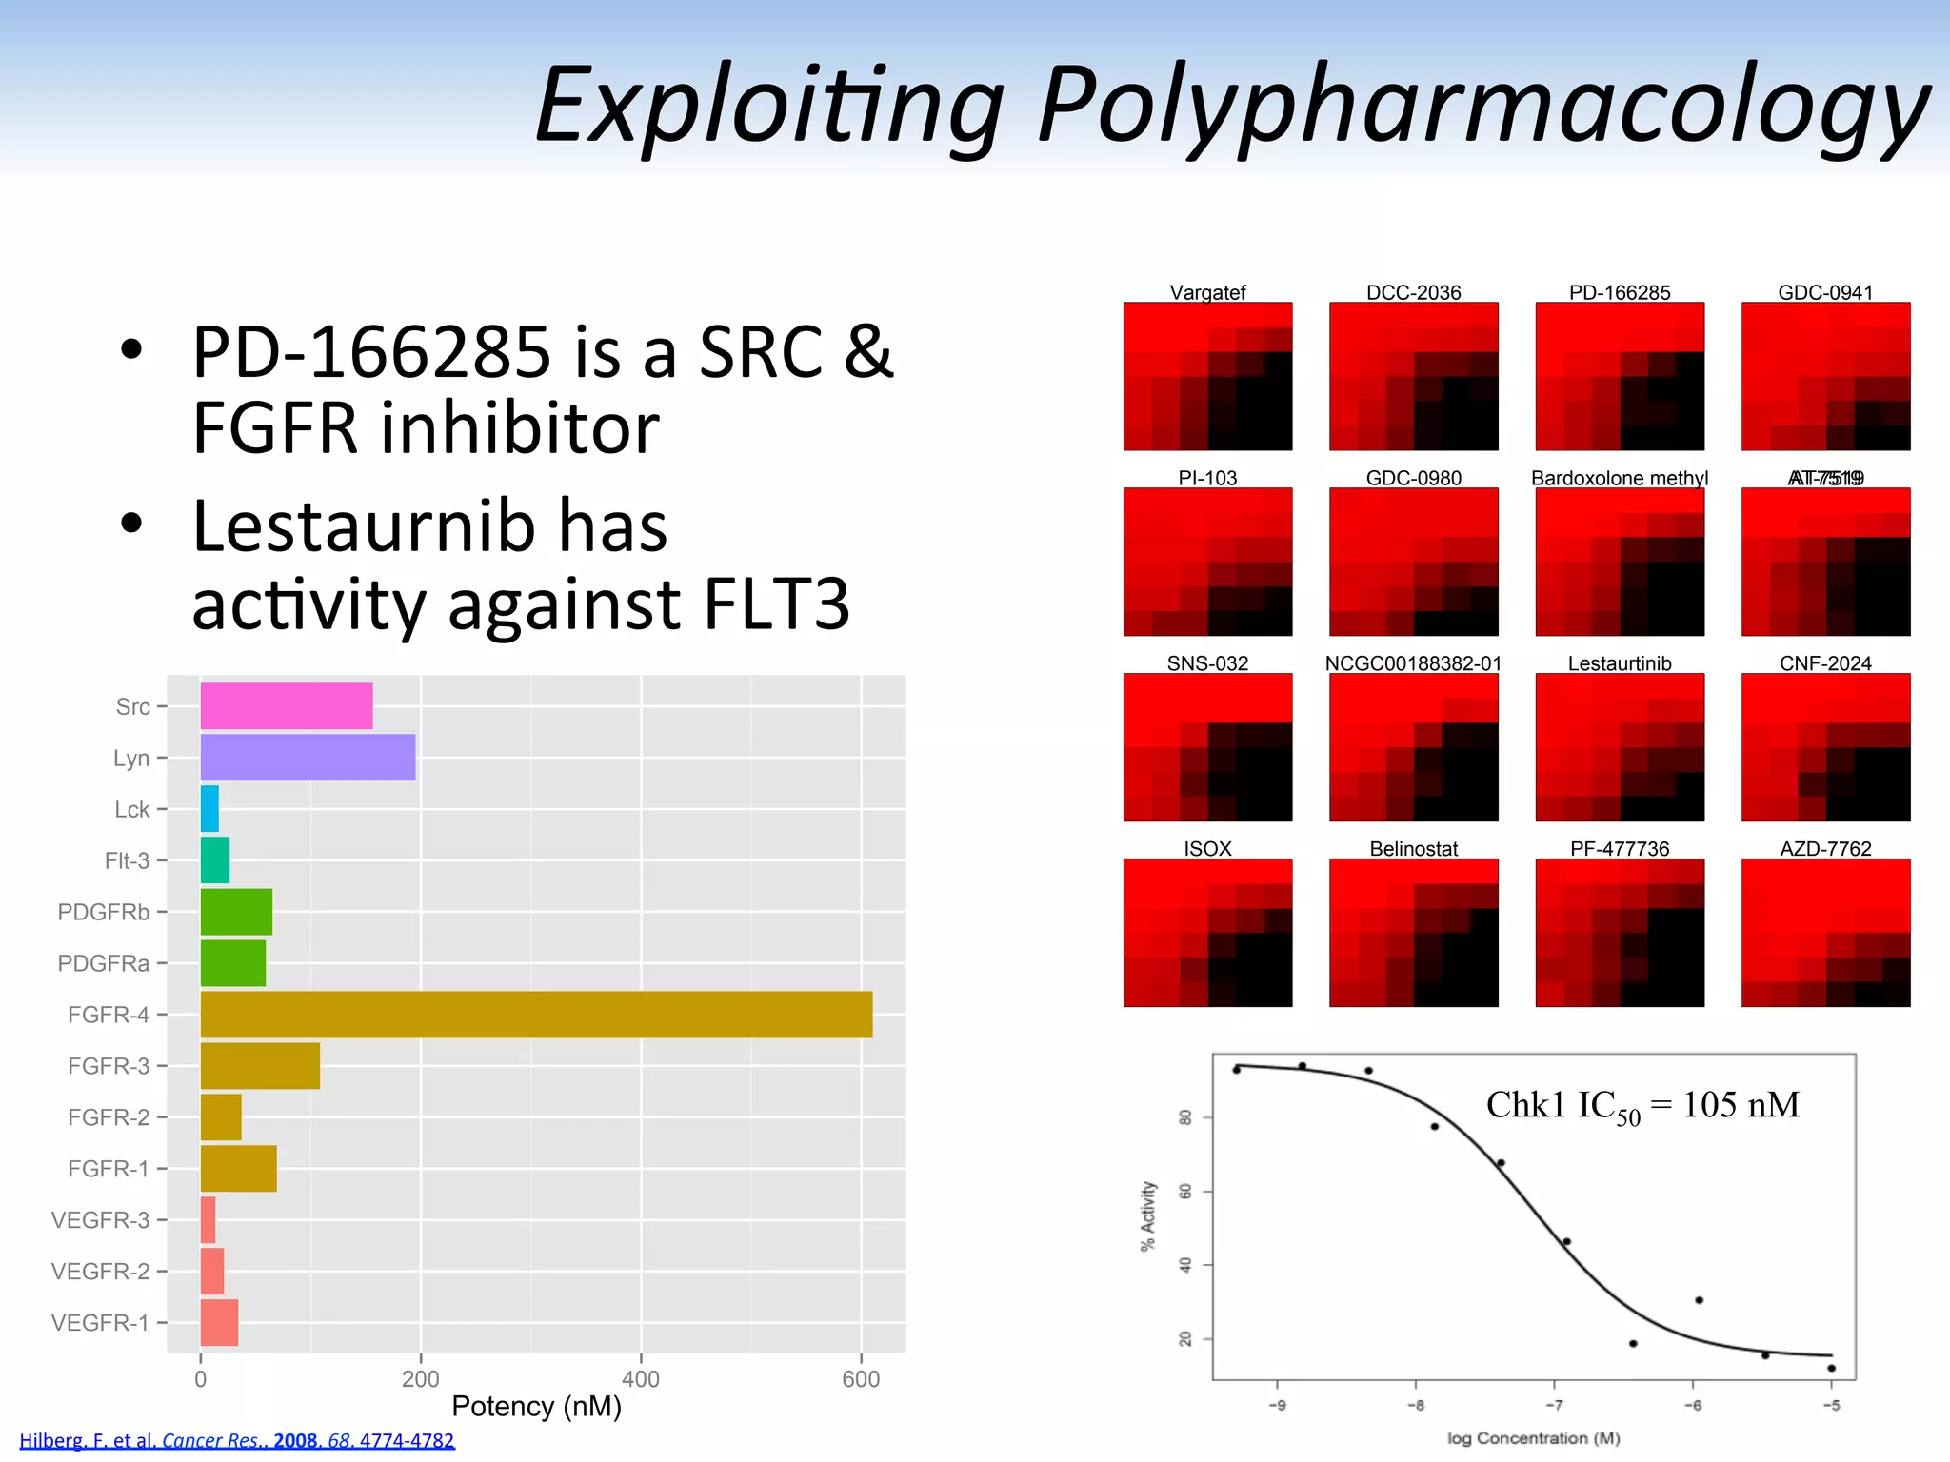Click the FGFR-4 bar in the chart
(536, 1015)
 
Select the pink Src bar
(286, 706)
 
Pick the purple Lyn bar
(308, 758)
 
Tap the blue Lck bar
(209, 809)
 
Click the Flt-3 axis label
(127, 860)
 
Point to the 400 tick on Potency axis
(641, 1379)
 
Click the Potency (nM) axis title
(536, 1407)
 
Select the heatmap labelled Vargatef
(1207, 376)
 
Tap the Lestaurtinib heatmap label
(1619, 663)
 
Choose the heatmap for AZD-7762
(1825, 933)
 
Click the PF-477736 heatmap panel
(1619, 933)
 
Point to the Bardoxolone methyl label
(1619, 478)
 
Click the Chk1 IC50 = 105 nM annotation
(1642, 1106)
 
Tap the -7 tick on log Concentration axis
(1554, 1406)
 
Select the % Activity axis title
(1148, 1216)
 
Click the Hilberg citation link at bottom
(237, 1441)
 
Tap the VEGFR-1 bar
(219, 1323)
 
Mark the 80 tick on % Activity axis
(1185, 1117)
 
